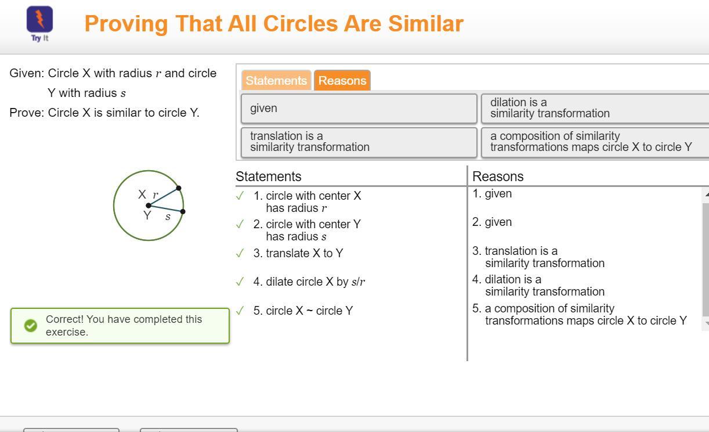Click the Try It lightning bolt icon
pyautogui.click(x=39, y=19)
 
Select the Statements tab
pyautogui.click(x=276, y=81)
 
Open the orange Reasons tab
pyautogui.click(x=342, y=81)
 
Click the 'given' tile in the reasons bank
pyautogui.click(x=359, y=109)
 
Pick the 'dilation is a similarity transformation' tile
pyautogui.click(x=595, y=109)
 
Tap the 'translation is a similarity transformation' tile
pyautogui.click(x=359, y=142)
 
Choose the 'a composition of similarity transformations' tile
pyautogui.click(x=595, y=142)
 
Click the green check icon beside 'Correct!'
pyautogui.click(x=31, y=326)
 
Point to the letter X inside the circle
pyautogui.click(x=142, y=194)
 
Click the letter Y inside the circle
pyautogui.click(x=147, y=215)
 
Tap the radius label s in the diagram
pyautogui.click(x=168, y=217)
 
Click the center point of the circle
pyautogui.click(x=149, y=206)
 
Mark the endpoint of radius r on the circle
pyautogui.click(x=179, y=188)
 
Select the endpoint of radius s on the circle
pyautogui.click(x=183, y=211)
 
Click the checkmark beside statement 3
pyautogui.click(x=240, y=253)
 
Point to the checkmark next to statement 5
pyautogui.click(x=240, y=311)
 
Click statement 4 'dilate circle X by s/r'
pyautogui.click(x=309, y=282)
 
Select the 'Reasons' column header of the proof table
pyautogui.click(x=498, y=177)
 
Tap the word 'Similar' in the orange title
pyautogui.click(x=426, y=24)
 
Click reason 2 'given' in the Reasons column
pyautogui.click(x=492, y=222)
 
